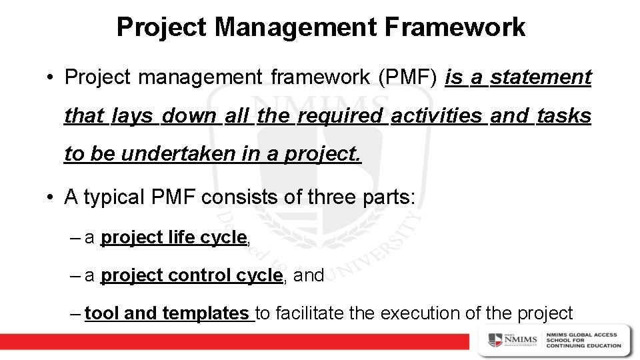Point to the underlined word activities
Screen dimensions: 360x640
point(437,116)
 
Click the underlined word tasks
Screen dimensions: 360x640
point(563,116)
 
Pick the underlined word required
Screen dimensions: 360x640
point(341,117)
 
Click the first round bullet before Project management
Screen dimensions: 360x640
point(50,79)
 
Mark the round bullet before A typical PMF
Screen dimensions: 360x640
point(50,199)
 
